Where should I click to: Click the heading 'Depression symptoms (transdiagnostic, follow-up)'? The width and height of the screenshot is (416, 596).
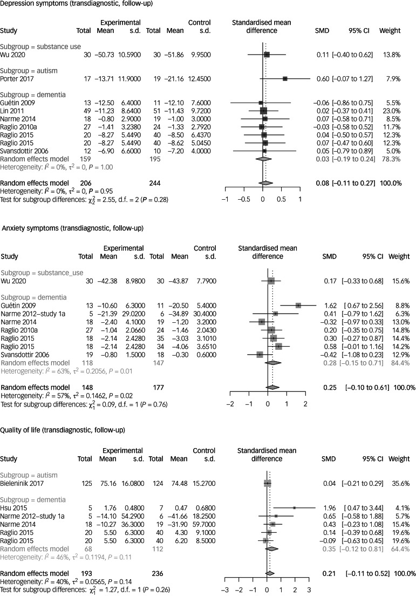click(76, 4)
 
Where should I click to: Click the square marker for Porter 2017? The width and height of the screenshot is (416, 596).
click(285, 78)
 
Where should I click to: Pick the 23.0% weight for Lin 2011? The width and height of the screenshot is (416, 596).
click(391, 111)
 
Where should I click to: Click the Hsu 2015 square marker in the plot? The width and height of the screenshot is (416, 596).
click(294, 507)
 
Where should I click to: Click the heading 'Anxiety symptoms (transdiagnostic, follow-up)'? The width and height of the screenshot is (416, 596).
click(72, 229)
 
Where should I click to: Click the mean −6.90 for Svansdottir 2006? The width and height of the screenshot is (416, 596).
click(109, 151)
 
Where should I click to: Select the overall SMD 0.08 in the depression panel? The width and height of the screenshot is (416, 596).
click(323, 183)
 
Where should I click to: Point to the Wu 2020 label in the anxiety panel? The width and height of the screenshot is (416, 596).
click(12, 281)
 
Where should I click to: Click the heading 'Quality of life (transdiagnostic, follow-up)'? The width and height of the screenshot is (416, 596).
click(63, 430)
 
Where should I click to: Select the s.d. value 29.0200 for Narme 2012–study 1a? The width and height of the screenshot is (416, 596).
click(130, 313)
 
